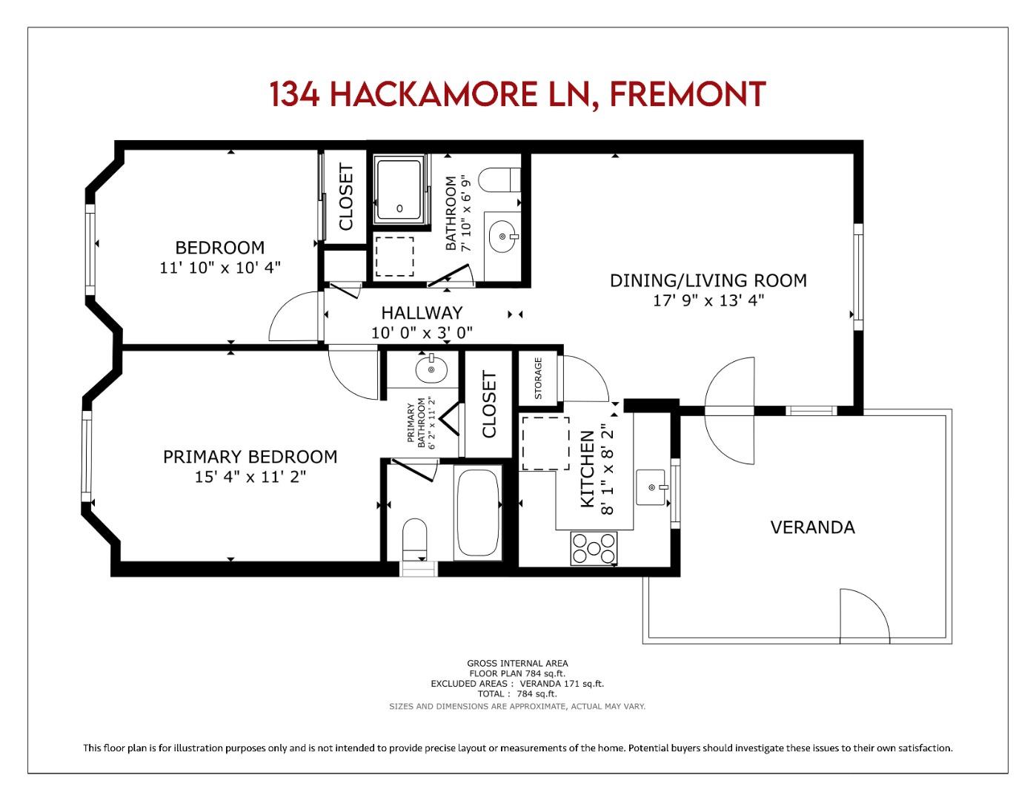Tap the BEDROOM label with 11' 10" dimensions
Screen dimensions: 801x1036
219,248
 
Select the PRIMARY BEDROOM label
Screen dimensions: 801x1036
250,457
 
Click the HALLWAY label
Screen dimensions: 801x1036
422,313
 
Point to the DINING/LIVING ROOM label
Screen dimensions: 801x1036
708,280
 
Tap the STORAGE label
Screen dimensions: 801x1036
538,378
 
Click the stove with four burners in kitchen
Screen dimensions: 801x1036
593,549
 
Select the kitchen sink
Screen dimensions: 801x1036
652,487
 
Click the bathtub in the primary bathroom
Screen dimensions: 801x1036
478,512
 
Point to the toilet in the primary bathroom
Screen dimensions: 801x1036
414,538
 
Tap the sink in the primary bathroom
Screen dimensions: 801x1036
431,368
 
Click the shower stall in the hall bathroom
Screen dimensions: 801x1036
400,189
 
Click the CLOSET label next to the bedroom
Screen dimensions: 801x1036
346,197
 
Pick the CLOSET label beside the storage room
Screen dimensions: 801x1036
488,405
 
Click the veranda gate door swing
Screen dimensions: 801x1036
863,616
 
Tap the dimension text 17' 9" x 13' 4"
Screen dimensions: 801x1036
708,300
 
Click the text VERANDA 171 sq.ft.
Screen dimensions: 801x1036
562,684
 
